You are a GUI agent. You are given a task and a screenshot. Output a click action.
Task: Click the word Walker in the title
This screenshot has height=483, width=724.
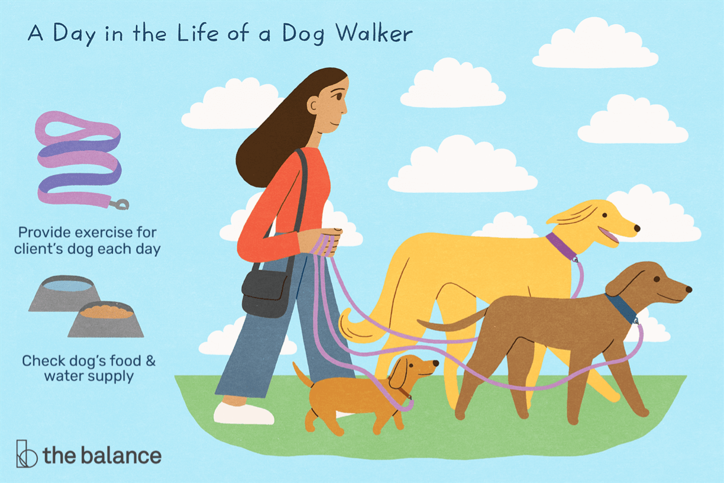[x=374, y=34]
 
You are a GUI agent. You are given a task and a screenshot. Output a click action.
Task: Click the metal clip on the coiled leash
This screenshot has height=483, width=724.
[x=119, y=204]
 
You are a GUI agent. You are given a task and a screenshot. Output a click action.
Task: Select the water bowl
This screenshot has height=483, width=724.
[x=64, y=294]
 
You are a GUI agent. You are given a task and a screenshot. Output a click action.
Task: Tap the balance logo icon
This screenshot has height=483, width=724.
[x=27, y=453]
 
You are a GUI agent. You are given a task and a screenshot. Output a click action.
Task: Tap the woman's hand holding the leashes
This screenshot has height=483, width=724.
[x=321, y=242]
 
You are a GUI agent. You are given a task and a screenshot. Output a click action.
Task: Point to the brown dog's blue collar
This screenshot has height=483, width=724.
[x=621, y=308]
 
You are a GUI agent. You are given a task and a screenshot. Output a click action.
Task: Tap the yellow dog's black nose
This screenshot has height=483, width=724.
[x=636, y=228]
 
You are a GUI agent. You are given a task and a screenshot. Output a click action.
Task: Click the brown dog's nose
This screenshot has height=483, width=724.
[x=689, y=289]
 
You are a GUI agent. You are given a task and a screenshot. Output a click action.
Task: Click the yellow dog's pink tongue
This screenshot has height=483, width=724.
[x=608, y=235]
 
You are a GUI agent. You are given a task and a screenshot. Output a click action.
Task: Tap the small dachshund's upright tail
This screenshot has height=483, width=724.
[x=303, y=375]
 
